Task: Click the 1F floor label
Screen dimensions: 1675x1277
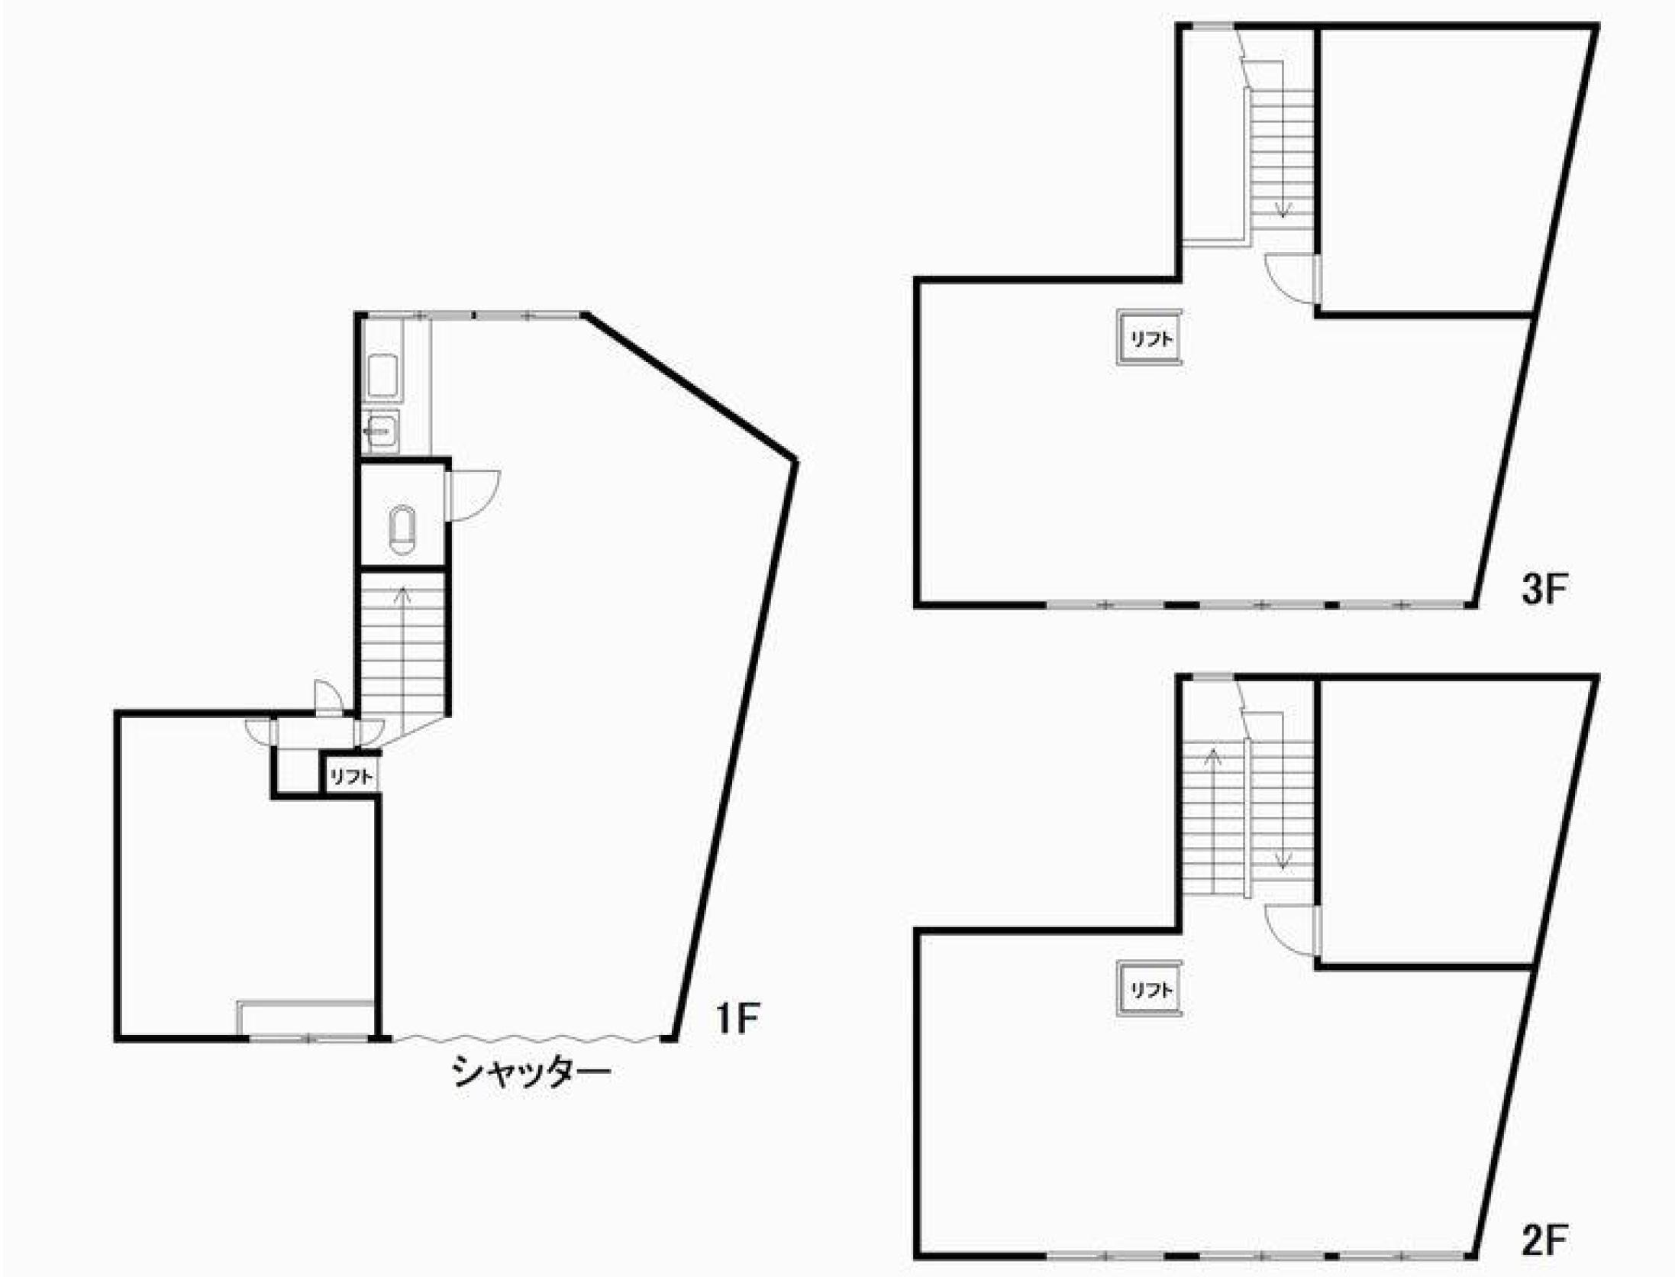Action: tap(737, 1018)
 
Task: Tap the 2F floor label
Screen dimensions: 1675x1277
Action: tap(1544, 1241)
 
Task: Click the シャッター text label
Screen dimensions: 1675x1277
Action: tap(531, 1072)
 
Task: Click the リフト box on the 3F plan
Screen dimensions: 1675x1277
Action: tap(1150, 338)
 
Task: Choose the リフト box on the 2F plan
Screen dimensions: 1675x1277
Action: tap(1150, 989)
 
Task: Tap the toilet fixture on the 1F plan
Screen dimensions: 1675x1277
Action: tap(402, 530)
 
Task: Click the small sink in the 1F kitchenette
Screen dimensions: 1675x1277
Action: tap(381, 432)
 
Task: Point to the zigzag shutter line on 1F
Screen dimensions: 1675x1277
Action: tap(526, 1039)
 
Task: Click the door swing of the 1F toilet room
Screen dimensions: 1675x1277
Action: tap(473, 496)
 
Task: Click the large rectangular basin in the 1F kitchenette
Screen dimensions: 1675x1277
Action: tap(384, 377)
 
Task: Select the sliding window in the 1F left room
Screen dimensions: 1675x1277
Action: tap(308, 1038)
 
